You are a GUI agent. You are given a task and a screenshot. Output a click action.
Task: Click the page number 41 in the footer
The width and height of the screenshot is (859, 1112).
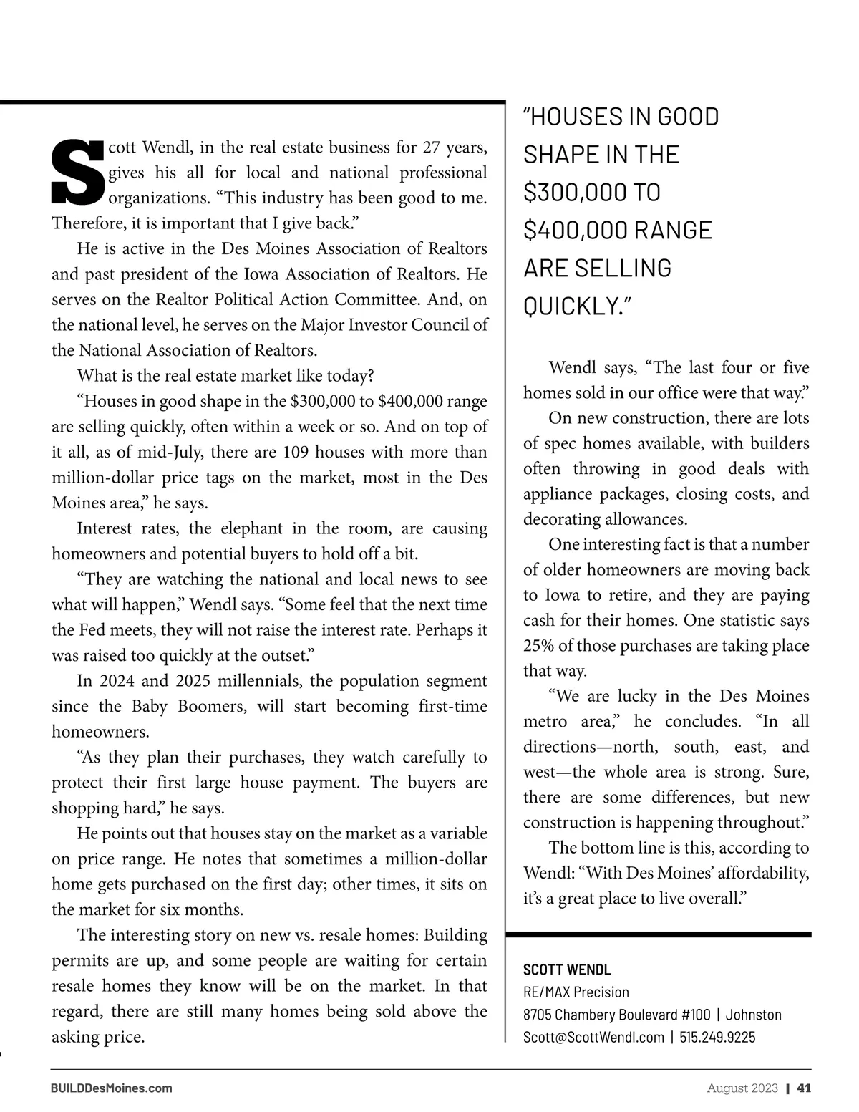(x=804, y=1088)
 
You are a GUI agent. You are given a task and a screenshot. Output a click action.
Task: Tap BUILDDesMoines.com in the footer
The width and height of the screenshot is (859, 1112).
(x=112, y=1088)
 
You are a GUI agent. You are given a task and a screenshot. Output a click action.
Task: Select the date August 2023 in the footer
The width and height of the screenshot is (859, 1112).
(x=742, y=1088)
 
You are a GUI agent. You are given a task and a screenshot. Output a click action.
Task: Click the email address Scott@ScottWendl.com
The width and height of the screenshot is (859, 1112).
(x=593, y=1037)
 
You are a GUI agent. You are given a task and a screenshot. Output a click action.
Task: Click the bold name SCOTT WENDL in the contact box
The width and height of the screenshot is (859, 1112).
(x=567, y=970)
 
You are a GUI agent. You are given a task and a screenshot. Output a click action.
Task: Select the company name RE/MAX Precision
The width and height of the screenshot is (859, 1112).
(x=576, y=992)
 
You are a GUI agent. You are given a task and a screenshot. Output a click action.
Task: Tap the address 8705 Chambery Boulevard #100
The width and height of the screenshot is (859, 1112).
(x=617, y=1015)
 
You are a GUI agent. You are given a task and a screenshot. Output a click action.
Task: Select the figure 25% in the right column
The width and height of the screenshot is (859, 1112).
(x=538, y=645)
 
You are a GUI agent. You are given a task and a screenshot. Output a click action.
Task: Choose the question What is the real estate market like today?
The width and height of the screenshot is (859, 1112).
(x=225, y=376)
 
